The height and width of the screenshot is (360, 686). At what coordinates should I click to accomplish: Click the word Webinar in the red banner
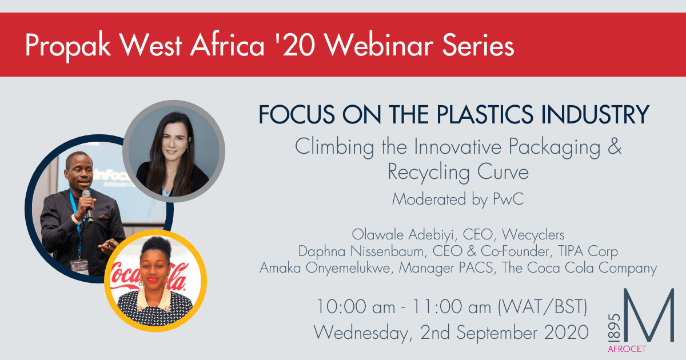click(379, 45)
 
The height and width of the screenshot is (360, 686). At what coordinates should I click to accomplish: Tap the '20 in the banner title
click(296, 45)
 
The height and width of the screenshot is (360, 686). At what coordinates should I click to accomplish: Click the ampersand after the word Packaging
click(615, 146)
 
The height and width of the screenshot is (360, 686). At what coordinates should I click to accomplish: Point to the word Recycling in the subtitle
click(428, 173)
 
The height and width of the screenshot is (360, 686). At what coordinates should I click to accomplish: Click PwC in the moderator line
click(508, 199)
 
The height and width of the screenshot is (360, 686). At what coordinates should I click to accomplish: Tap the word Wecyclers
click(533, 235)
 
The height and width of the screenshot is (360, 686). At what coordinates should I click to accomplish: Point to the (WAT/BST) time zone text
click(543, 307)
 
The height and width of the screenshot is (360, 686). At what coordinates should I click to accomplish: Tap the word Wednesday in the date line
click(361, 333)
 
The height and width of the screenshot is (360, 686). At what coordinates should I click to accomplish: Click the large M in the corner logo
click(649, 315)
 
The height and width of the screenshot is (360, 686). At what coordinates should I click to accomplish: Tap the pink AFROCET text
click(627, 349)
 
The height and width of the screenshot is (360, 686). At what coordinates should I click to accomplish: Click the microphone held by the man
click(87, 205)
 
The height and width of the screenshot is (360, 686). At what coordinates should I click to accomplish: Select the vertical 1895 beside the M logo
click(614, 327)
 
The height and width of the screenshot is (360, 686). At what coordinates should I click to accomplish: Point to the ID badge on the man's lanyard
click(79, 266)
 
